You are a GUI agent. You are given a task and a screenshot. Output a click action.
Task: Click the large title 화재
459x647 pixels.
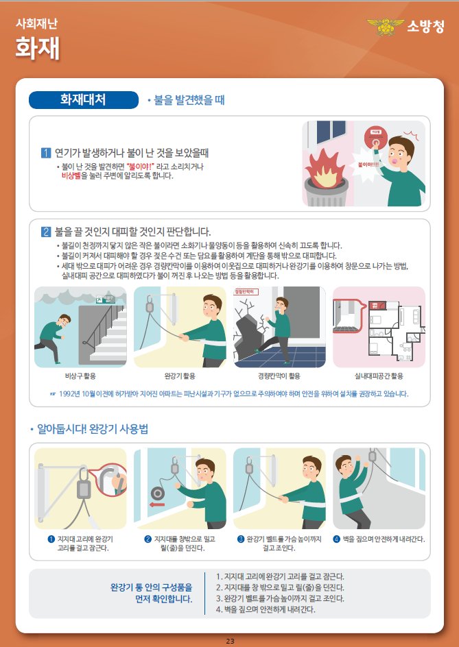pyautogui.click(x=38, y=49)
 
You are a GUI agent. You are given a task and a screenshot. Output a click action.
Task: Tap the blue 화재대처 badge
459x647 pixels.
pyautogui.click(x=82, y=99)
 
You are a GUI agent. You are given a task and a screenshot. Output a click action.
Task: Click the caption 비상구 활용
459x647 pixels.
pyautogui.click(x=80, y=376)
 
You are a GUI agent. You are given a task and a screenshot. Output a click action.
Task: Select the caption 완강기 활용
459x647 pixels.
pyautogui.click(x=180, y=376)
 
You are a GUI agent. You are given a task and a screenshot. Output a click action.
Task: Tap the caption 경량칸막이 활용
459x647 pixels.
pyautogui.click(x=279, y=376)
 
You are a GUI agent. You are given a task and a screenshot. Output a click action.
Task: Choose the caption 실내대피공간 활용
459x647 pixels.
pyautogui.click(x=379, y=376)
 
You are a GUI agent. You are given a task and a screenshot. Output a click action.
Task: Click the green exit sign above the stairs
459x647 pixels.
pyautogui.click(x=104, y=299)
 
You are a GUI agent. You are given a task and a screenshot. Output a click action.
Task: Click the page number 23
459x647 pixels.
pyautogui.click(x=230, y=640)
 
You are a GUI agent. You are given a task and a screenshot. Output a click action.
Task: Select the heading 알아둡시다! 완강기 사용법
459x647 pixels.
pyautogui.click(x=93, y=429)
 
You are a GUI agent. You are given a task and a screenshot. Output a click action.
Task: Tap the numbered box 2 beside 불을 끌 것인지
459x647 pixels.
pyautogui.click(x=46, y=231)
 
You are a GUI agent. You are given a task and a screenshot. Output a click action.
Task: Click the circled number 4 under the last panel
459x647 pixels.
pyautogui.click(x=336, y=539)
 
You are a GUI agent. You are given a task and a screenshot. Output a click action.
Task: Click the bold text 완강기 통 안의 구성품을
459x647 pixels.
pyautogui.click(x=151, y=587)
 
